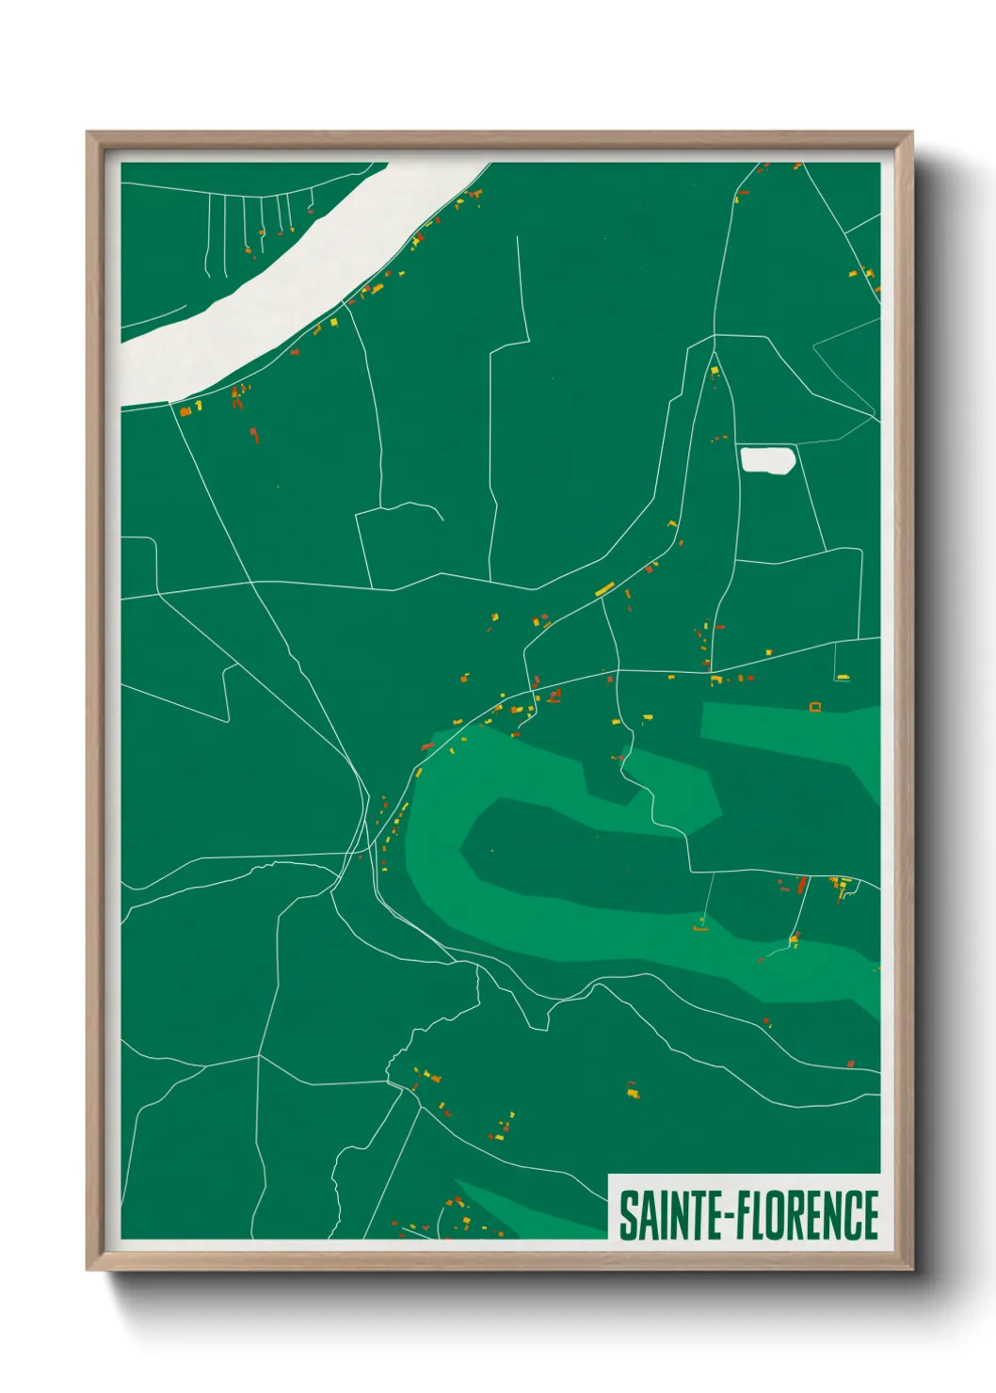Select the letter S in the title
coord(626,1215)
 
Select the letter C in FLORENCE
coord(852,1215)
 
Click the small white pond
coord(768,460)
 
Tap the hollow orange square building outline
coord(815,706)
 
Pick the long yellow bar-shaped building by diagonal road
coord(604,590)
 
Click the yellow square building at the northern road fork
coord(715,371)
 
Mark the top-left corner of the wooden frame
coord(88,133)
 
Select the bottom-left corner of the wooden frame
coord(88,1270)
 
